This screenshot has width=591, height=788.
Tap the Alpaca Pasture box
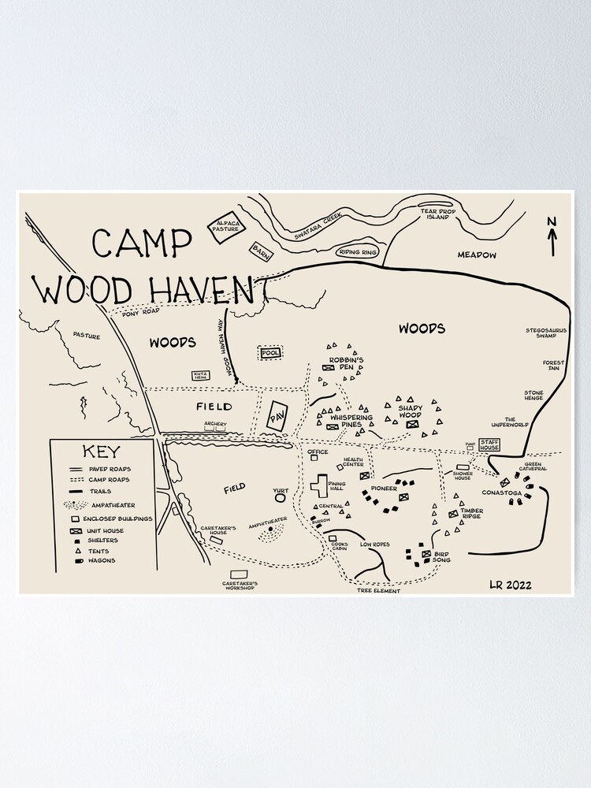click(224, 228)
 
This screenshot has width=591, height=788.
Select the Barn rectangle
click(261, 251)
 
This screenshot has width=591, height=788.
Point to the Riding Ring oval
click(358, 252)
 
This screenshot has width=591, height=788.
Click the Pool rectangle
click(270, 353)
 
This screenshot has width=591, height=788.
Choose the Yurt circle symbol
click(281, 499)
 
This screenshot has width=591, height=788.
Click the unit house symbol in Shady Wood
click(411, 425)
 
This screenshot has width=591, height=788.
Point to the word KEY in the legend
click(100, 452)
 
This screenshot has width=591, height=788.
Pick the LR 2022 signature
click(510, 585)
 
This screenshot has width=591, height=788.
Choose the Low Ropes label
click(375, 545)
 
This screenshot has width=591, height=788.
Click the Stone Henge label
click(534, 396)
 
